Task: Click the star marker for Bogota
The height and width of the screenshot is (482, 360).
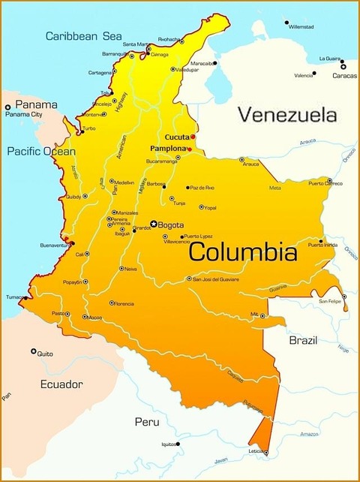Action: tap(154, 224)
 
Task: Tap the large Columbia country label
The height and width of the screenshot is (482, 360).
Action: tap(242, 252)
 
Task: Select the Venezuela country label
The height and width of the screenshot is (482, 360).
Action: tap(286, 115)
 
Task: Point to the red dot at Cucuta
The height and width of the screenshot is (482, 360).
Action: tap(193, 137)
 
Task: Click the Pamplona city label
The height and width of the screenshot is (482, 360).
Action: tap(168, 149)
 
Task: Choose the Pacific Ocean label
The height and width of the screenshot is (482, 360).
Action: tap(41, 151)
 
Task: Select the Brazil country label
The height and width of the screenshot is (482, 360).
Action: tap(304, 340)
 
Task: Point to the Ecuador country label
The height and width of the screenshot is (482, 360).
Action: tap(61, 384)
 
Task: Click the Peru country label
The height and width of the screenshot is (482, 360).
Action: tap(147, 422)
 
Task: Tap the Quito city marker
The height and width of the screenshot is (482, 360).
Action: tap(33, 351)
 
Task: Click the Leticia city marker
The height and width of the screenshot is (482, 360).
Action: tap(265, 453)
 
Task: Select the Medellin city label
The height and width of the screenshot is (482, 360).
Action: tap(124, 182)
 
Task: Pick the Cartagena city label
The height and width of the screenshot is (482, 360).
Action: tap(100, 73)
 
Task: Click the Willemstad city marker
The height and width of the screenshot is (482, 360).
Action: tap(286, 23)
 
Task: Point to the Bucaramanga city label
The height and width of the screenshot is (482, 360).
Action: tap(161, 161)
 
